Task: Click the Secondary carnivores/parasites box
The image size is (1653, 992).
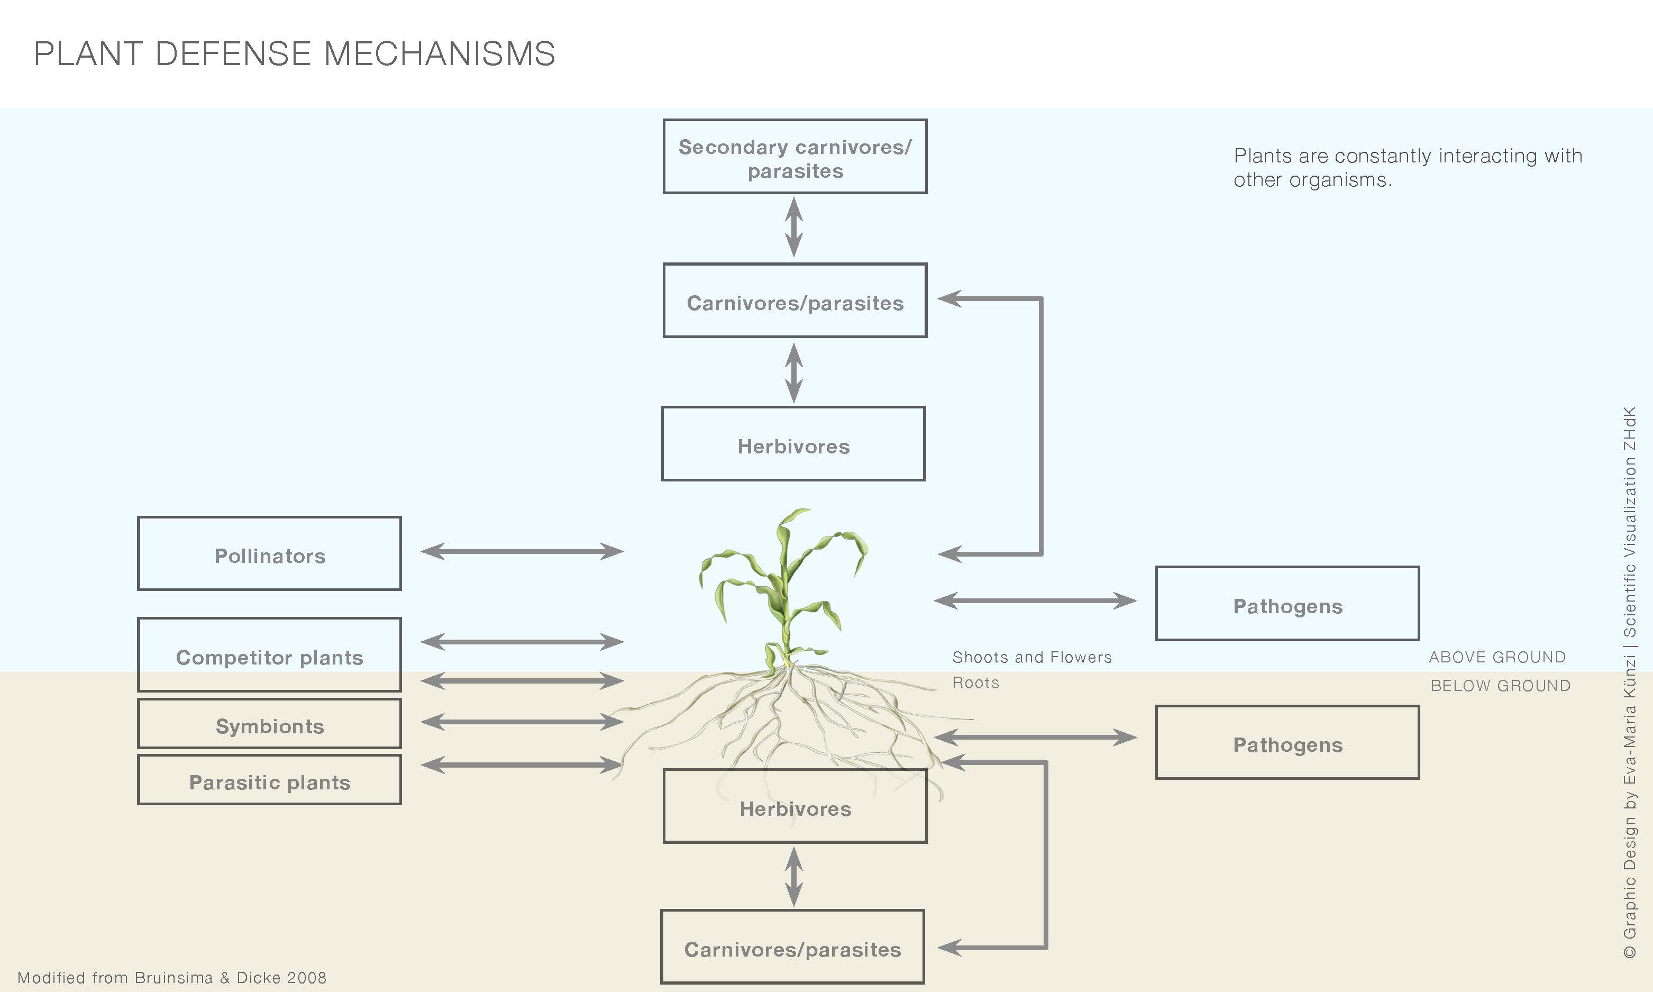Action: (795, 157)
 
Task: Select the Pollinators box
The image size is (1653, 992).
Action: (269, 554)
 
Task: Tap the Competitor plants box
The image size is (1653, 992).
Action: (269, 655)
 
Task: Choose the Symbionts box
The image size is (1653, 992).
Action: (269, 724)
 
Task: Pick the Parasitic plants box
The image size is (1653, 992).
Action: (269, 780)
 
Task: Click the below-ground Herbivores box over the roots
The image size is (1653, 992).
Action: (795, 807)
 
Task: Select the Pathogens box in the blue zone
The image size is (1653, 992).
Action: (1287, 604)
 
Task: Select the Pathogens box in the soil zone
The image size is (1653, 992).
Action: (1287, 743)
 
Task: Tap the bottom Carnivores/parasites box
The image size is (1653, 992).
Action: (793, 947)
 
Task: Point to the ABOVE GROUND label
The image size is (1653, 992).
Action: (1497, 658)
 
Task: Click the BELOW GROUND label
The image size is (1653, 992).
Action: (1500, 686)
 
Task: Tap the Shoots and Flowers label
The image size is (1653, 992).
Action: (1031, 658)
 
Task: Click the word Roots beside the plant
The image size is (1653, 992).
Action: (975, 683)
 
